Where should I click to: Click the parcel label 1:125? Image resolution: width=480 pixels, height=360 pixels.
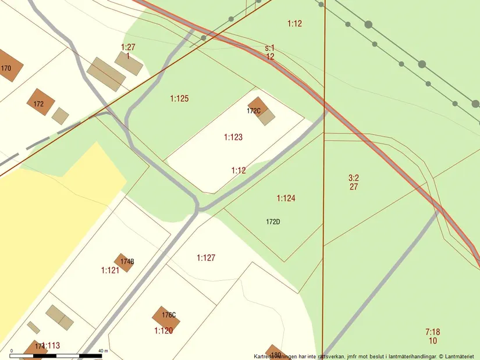(179, 99)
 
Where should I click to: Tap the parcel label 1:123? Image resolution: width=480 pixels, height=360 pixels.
(233, 137)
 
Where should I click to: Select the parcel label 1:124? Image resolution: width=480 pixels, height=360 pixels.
(286, 198)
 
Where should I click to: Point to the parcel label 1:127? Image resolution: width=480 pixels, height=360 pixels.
(206, 258)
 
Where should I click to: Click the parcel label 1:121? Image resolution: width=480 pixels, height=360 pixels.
(110, 270)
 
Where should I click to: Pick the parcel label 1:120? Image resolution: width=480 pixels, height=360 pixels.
(163, 331)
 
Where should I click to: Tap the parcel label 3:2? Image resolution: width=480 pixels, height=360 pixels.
(354, 178)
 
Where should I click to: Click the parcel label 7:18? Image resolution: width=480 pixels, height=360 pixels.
(432, 332)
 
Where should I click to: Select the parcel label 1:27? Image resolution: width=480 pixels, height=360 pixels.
(128, 47)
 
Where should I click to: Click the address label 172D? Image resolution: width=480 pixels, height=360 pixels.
(273, 222)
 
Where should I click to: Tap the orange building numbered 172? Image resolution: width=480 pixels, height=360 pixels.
(40, 102)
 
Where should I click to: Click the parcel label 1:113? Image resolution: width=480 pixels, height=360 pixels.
(51, 345)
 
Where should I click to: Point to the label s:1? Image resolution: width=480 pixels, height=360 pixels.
(270, 48)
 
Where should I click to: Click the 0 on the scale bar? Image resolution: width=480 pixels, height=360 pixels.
(12, 351)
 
